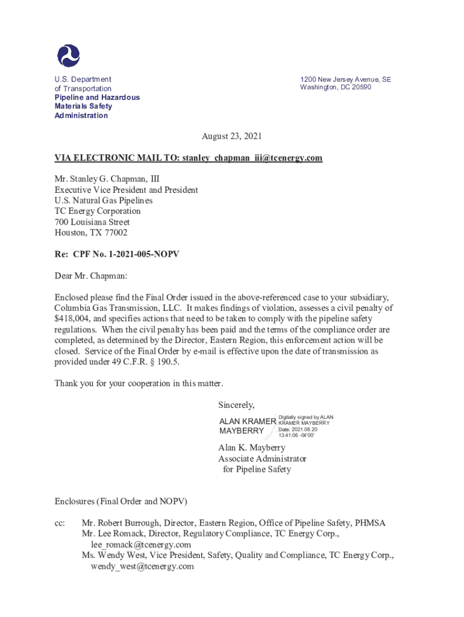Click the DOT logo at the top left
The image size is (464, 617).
[68, 55]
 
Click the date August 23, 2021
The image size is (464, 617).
[231, 136]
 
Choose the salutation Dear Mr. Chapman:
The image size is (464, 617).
[92, 276]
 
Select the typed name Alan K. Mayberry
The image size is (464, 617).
[251, 448]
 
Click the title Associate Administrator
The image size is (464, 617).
[262, 459]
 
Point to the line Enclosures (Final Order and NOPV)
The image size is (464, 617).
[121, 501]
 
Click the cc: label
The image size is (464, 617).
[60, 523]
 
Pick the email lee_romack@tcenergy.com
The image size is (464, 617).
[141, 545]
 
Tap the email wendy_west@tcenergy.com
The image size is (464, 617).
[142, 566]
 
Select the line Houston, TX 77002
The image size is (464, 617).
[91, 233]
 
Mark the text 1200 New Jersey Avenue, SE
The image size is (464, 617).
[345, 79]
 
